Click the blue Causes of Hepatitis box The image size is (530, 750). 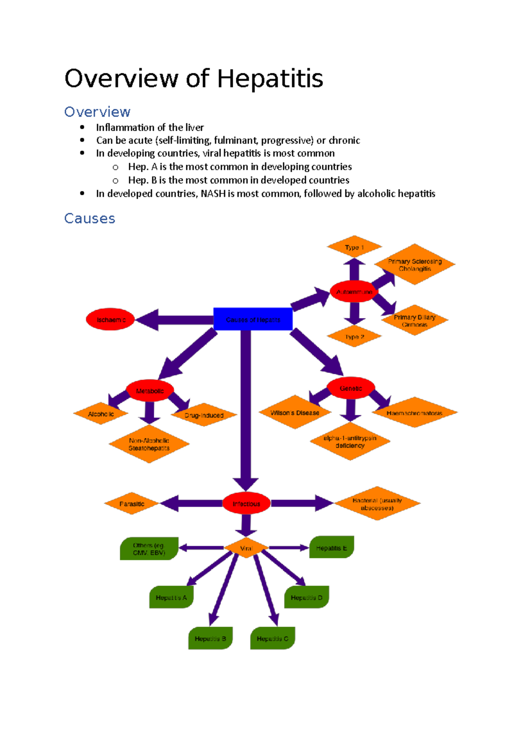[253, 319]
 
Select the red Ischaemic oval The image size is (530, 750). [111, 319]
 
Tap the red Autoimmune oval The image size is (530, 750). [354, 292]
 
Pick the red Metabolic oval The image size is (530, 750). [150, 391]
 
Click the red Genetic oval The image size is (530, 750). [351, 388]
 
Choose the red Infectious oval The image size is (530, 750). [246, 504]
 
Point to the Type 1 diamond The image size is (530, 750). [354, 247]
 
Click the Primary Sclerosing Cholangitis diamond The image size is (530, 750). [414, 265]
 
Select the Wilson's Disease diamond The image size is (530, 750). [295, 413]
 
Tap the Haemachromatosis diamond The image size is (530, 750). [414, 413]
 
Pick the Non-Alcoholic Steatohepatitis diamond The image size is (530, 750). [149, 444]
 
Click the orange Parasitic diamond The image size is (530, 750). [132, 504]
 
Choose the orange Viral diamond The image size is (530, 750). [246, 548]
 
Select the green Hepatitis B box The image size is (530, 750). [210, 638]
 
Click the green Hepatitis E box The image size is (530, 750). [331, 548]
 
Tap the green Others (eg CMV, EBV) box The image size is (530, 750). [149, 549]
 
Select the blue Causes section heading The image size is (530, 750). [90, 218]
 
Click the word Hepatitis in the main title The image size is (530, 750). [270, 79]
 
